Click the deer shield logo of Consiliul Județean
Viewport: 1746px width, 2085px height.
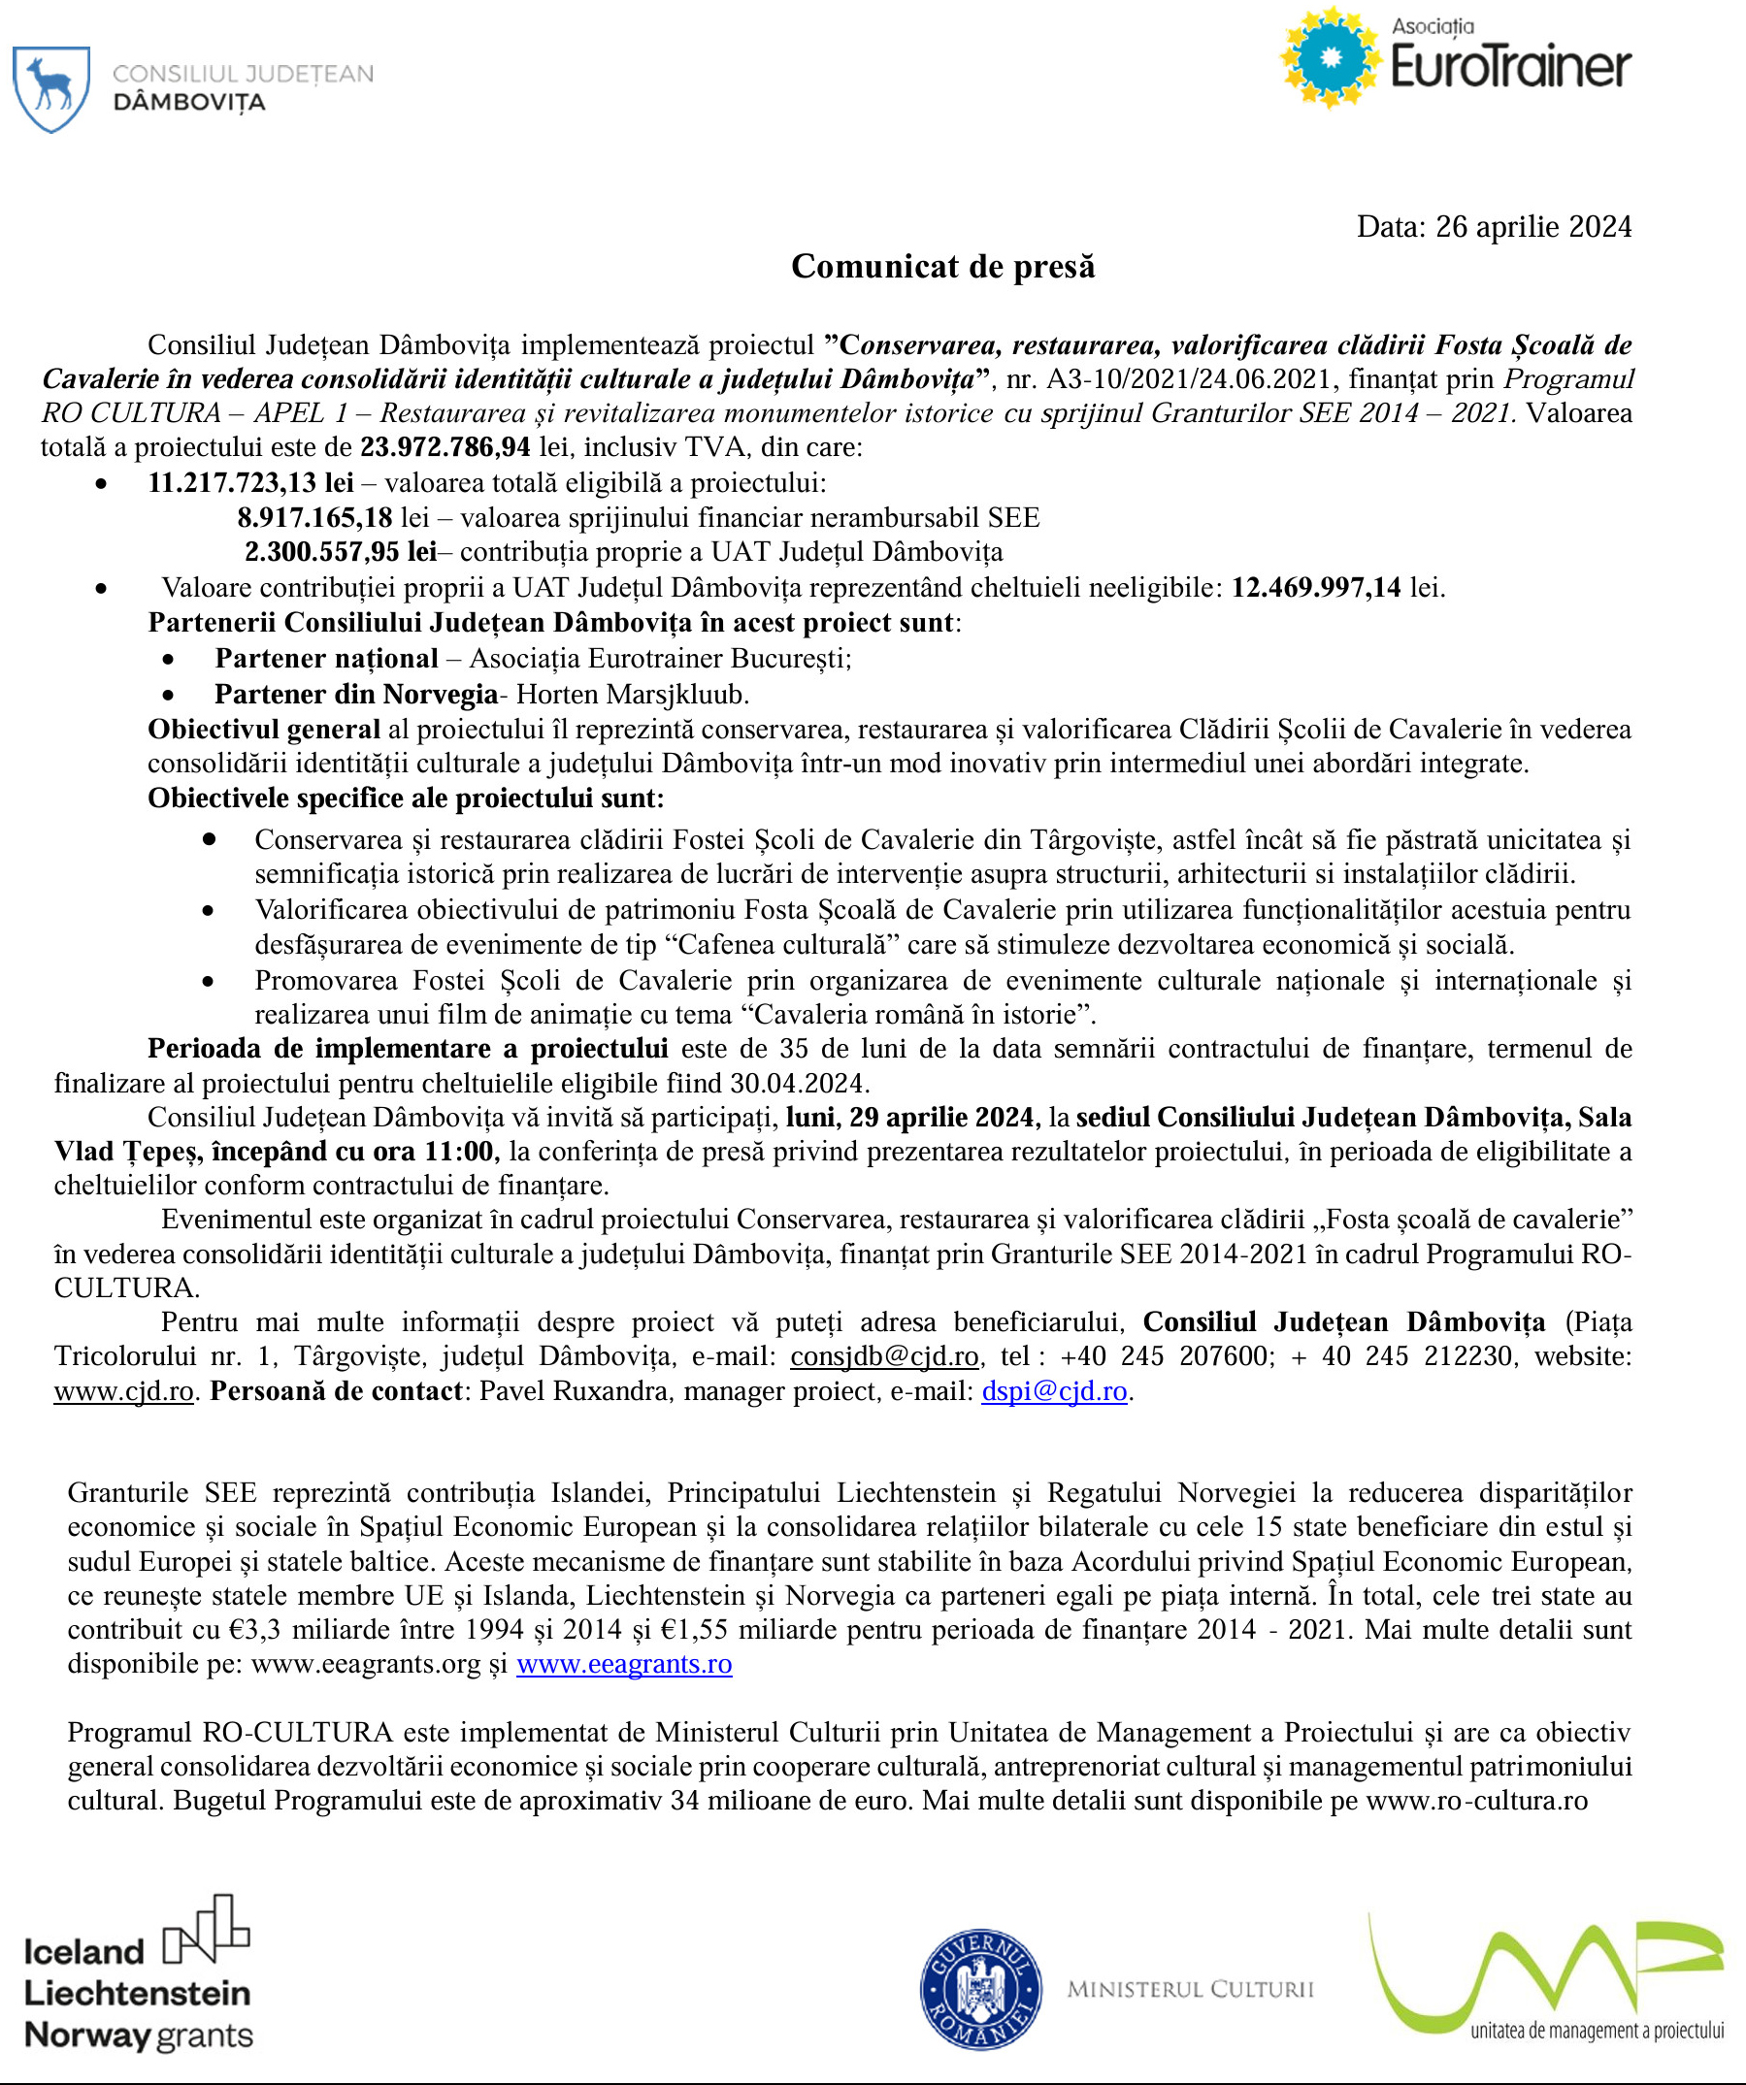pyautogui.click(x=50, y=88)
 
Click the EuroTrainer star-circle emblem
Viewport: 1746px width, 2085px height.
pyautogui.click(x=1331, y=58)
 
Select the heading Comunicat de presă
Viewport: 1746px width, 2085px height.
pyautogui.click(x=942, y=266)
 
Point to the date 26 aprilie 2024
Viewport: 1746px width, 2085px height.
pyautogui.click(x=1533, y=226)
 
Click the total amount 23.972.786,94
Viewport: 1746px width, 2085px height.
pyautogui.click(x=445, y=446)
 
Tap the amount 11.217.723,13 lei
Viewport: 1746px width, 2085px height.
pyautogui.click(x=250, y=482)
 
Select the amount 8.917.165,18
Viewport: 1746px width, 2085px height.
pyautogui.click(x=314, y=517)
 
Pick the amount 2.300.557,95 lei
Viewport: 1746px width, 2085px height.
pyautogui.click(x=341, y=551)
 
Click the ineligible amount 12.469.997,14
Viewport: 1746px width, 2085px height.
pyautogui.click(x=1316, y=587)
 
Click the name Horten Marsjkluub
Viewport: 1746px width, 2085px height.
pyautogui.click(x=632, y=693)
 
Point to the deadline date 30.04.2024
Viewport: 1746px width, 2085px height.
pyautogui.click(x=800, y=1082)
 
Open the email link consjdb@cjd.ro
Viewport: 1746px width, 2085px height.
pyautogui.click(x=884, y=1355)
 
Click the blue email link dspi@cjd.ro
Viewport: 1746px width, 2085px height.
pyautogui.click(x=1054, y=1390)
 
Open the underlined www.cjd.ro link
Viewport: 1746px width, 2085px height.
pyautogui.click(x=123, y=1390)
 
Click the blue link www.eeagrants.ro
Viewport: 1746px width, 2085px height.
pyautogui.click(x=624, y=1663)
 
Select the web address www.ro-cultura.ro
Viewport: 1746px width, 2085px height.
pyautogui.click(x=1477, y=1800)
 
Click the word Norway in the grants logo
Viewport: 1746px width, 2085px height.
pyautogui.click(x=87, y=2036)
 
